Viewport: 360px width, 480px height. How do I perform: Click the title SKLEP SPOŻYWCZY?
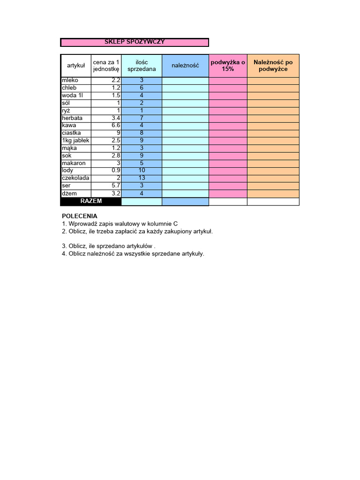(135, 42)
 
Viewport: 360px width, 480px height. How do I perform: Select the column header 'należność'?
(185, 66)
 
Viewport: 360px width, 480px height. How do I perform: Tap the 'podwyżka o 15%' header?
(228, 66)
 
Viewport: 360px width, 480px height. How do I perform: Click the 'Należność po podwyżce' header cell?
(273, 66)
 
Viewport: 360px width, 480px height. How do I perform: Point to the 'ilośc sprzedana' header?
(142, 66)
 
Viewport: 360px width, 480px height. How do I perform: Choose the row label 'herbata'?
(72, 118)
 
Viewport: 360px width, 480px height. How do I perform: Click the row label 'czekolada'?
(75, 178)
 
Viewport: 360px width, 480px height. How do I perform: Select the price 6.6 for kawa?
(116, 126)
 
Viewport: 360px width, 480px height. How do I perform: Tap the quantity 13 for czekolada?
(142, 178)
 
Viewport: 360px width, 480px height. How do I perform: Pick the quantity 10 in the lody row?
(142, 171)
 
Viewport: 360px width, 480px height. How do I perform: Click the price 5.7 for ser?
(116, 186)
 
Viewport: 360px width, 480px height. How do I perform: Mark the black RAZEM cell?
(91, 201)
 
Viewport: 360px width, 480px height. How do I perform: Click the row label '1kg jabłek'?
(75, 141)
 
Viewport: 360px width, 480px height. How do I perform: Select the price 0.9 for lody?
(116, 171)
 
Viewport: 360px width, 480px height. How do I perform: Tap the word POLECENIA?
(80, 216)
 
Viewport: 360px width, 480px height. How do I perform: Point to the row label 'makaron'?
(74, 163)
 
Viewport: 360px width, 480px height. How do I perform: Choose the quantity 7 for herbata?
(142, 118)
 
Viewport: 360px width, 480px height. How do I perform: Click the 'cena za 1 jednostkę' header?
(106, 66)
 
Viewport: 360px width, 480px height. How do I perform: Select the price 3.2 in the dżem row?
(116, 193)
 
